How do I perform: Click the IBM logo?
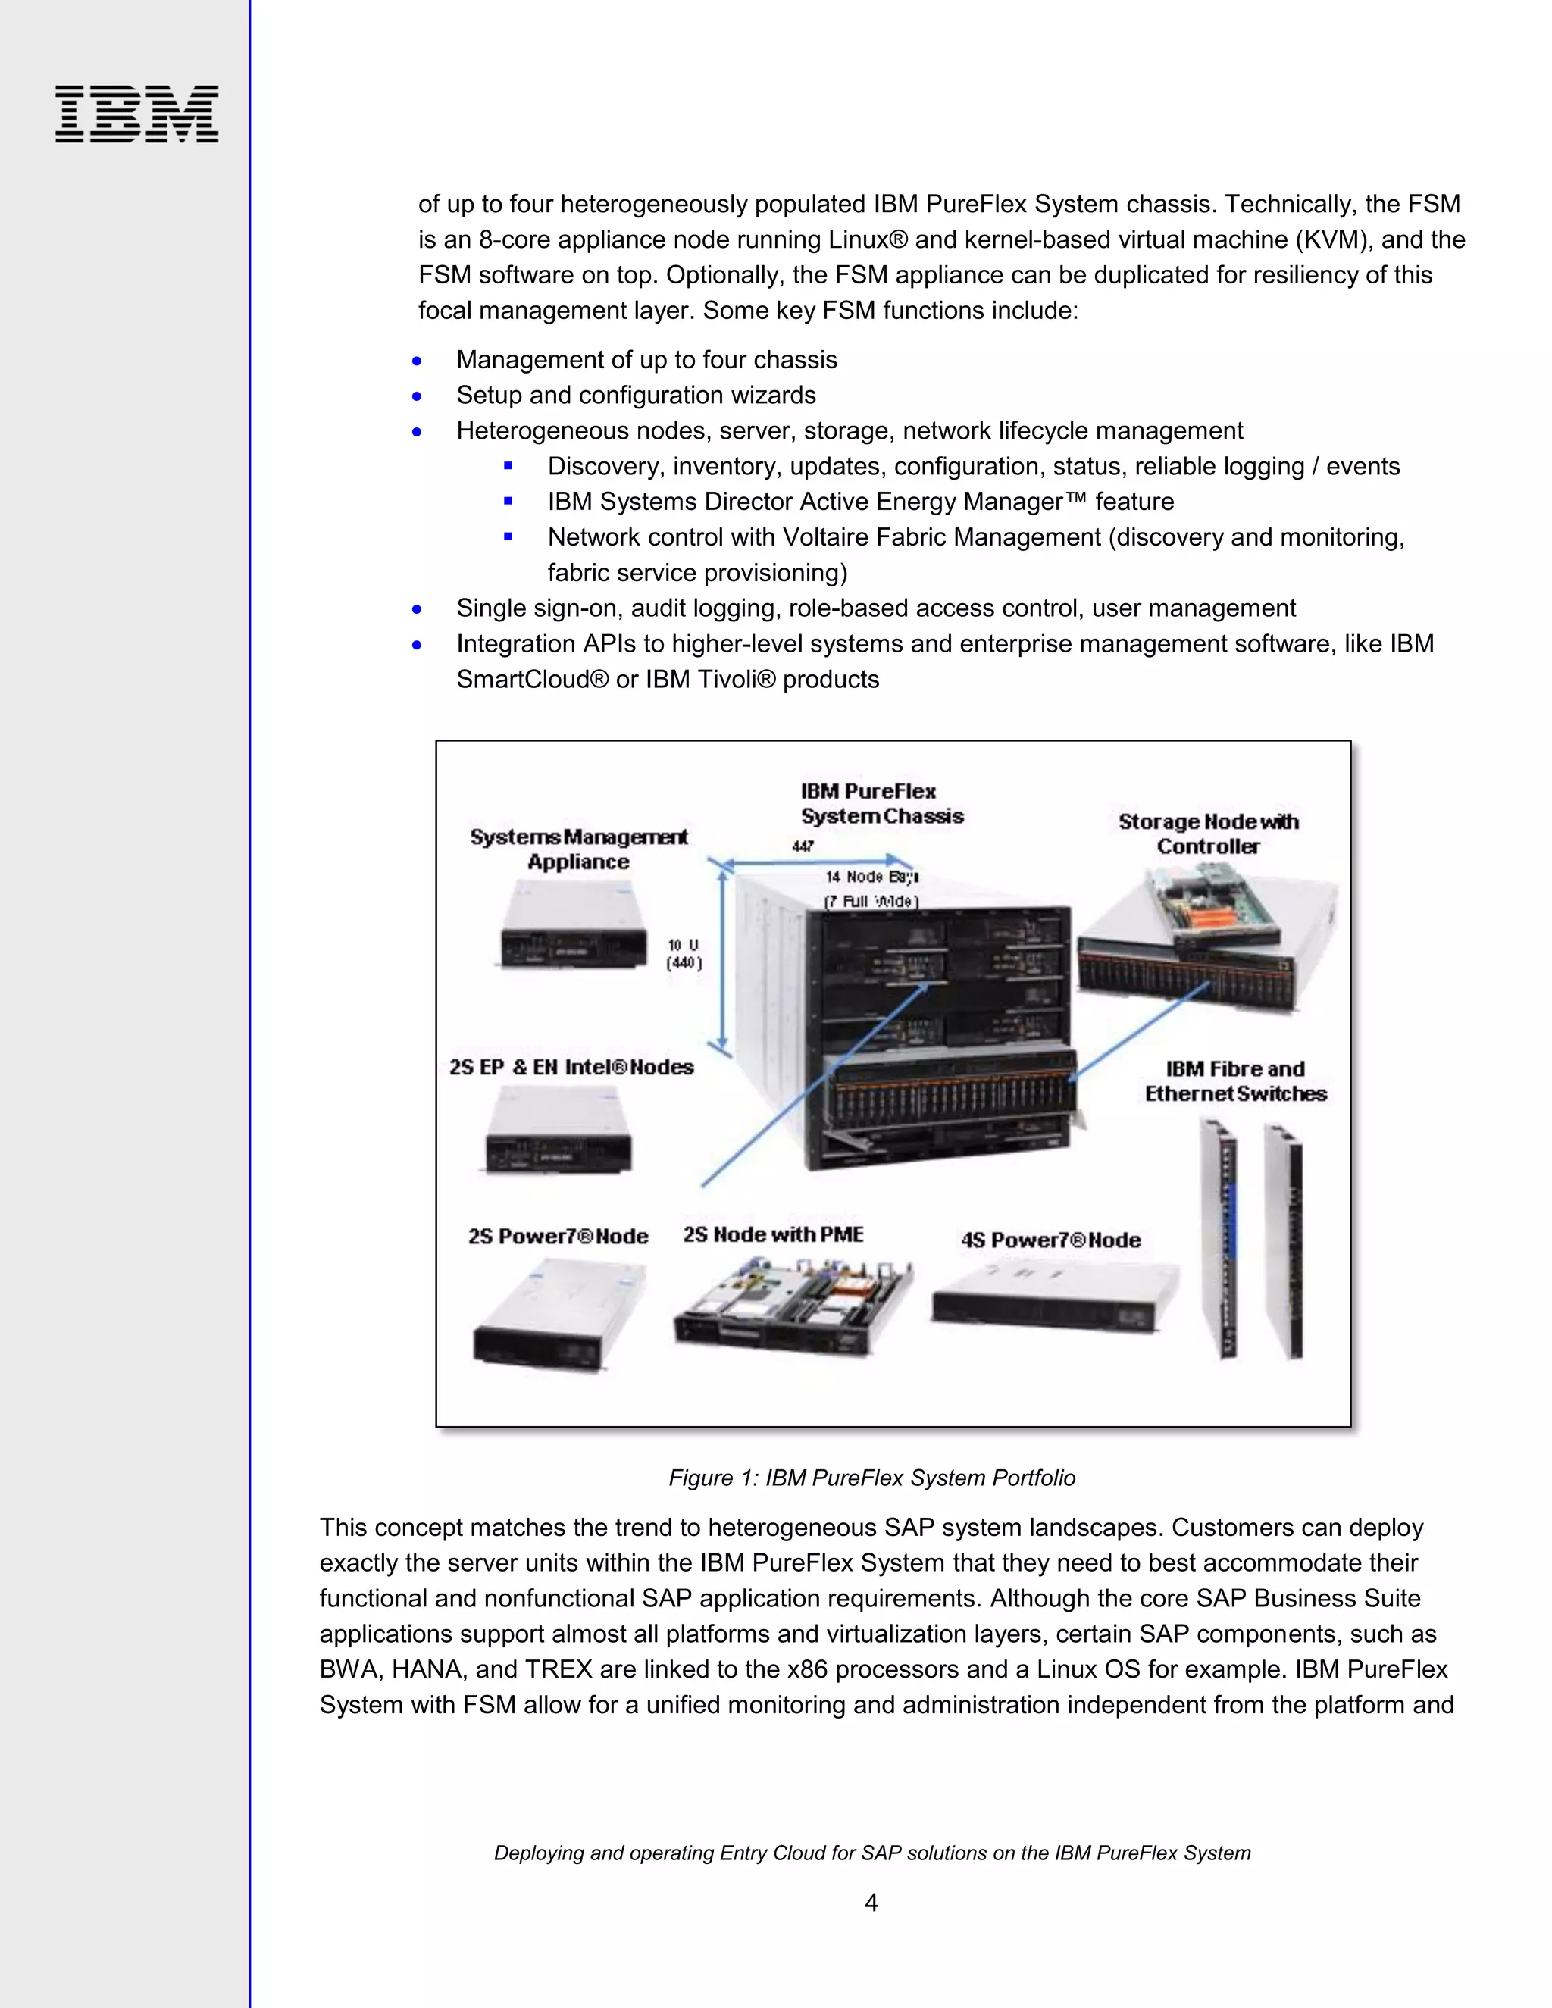click(x=137, y=114)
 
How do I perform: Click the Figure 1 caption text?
click(x=871, y=1478)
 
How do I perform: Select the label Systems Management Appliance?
click(x=578, y=849)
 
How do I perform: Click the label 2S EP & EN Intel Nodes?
click(x=571, y=1067)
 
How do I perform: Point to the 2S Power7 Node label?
click(x=558, y=1236)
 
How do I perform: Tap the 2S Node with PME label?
click(x=772, y=1234)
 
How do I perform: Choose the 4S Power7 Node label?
click(x=1050, y=1240)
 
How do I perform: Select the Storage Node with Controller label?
click(x=1207, y=833)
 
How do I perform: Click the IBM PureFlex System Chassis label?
click(x=880, y=802)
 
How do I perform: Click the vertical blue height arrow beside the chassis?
click(x=723, y=961)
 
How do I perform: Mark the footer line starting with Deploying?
click(x=871, y=1853)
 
